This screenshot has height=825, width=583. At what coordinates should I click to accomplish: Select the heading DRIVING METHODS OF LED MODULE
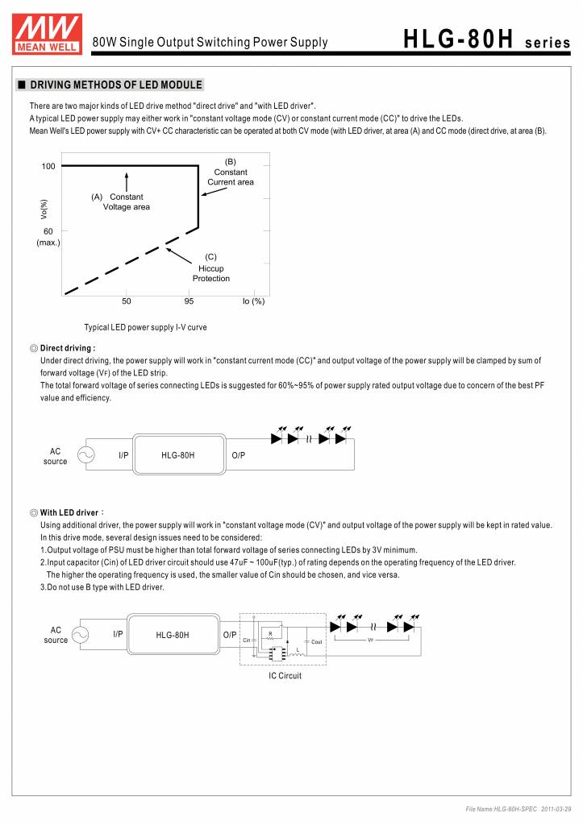pos(116,85)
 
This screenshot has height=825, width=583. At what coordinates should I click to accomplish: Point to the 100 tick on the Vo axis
pos(48,167)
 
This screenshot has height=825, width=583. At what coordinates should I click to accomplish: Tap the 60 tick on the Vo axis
pos(48,231)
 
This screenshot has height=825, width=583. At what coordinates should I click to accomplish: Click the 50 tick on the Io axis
pos(127,301)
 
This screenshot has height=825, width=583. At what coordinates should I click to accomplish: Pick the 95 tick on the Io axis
pos(189,301)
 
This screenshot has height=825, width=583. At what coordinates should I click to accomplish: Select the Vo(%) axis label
pos(44,209)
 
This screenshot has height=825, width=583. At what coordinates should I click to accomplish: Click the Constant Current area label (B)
pos(231,172)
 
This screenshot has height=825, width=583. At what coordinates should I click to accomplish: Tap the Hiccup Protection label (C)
pos(211,268)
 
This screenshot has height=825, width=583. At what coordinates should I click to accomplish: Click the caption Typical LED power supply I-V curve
pos(146,328)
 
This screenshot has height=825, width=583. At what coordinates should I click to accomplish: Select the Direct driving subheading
pos(67,348)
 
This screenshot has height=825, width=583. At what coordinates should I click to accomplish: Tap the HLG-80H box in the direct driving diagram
pos(178,455)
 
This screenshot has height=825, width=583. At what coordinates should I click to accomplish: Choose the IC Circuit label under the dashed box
pos(285,676)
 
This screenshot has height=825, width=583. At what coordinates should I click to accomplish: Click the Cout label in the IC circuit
pos(316,641)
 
